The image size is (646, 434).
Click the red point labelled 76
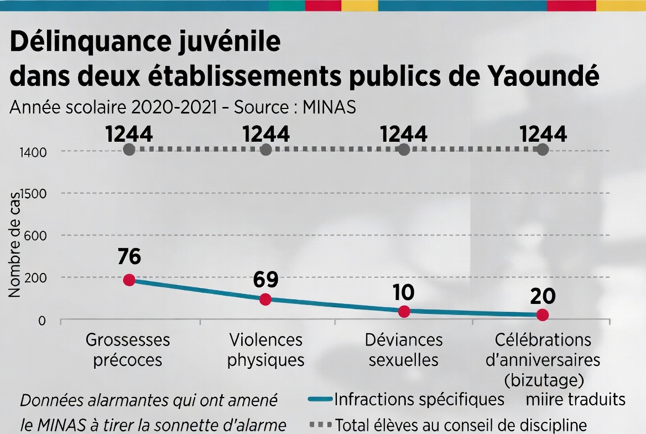[129, 280]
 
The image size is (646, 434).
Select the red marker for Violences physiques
[265, 299]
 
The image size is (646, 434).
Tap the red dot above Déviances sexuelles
[404, 312]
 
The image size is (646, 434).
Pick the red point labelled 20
[543, 315]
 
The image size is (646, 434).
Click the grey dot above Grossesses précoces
[129, 149]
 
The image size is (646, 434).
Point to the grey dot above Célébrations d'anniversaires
[543, 149]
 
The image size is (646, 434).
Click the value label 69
[265, 280]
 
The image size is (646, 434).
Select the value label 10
[403, 292]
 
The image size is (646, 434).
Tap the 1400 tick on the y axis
[33, 153]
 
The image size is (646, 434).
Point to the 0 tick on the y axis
[42, 321]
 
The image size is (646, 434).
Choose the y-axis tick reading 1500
[33, 194]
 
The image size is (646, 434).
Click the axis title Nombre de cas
[14, 245]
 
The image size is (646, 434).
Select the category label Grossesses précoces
[128, 350]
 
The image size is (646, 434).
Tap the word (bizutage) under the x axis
[544, 380]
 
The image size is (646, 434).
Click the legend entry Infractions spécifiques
[406, 399]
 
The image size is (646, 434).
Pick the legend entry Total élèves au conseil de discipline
[448, 425]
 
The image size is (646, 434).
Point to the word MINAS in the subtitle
[329, 107]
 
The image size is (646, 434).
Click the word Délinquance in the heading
[90, 42]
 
